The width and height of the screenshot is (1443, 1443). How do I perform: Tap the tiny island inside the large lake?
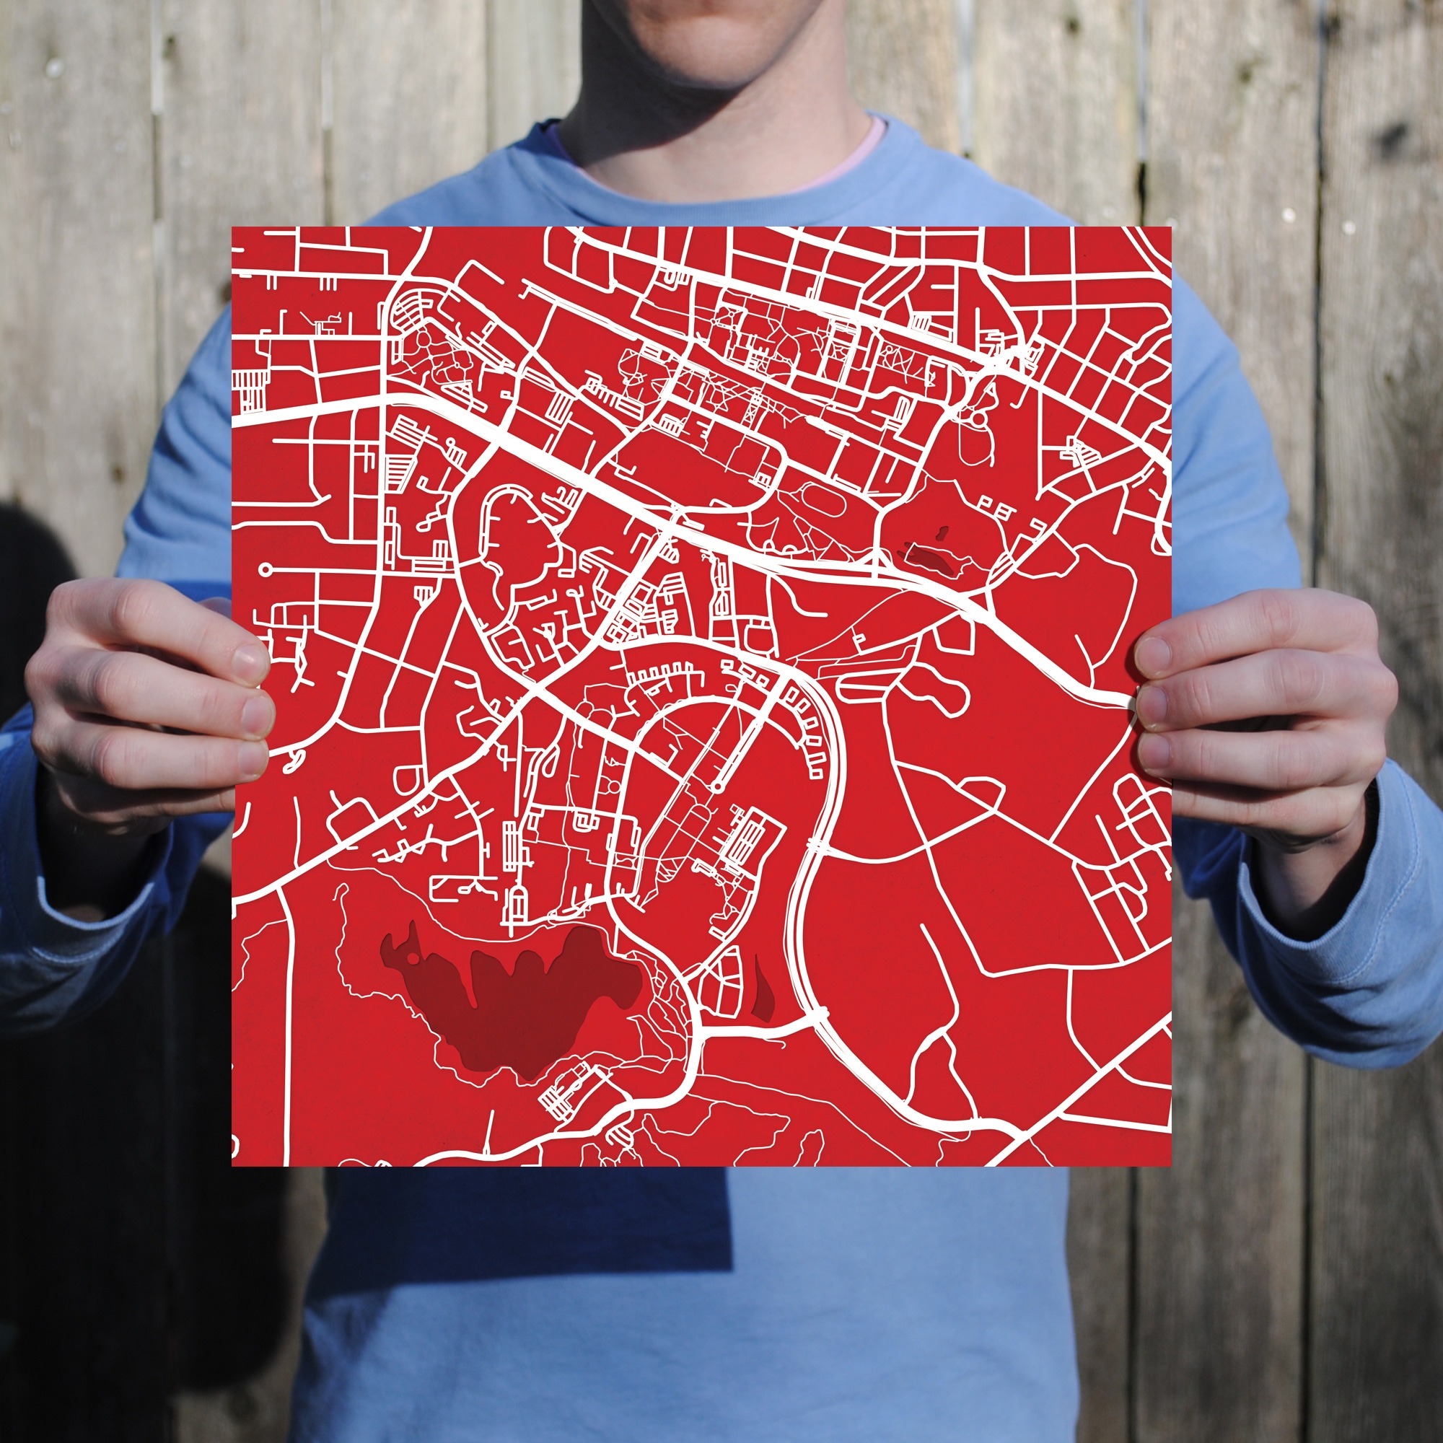(x=411, y=958)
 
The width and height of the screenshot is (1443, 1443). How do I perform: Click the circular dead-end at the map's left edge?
(x=265, y=570)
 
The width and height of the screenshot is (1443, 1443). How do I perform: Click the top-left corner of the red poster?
(x=233, y=228)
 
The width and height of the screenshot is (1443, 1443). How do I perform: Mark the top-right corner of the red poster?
(x=1170, y=228)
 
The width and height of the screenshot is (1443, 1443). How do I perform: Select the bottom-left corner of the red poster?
(x=233, y=1164)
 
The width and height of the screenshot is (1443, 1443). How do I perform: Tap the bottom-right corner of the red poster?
(x=1170, y=1164)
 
